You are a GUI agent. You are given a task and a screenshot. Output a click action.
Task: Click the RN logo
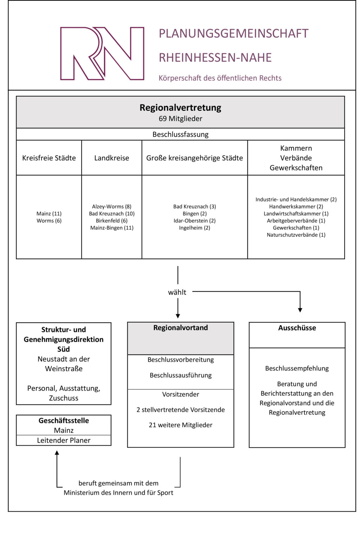pyautogui.click(x=102, y=54)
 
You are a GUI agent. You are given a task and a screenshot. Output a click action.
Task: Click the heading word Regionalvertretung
pyautogui.click(x=180, y=108)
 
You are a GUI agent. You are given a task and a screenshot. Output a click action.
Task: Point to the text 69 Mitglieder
pyautogui.click(x=180, y=119)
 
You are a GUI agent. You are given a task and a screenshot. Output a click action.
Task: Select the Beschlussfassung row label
pyautogui.click(x=180, y=134)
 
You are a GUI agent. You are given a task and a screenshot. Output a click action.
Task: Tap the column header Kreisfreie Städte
pyautogui.click(x=49, y=158)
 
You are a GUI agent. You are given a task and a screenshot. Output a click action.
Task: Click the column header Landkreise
pyautogui.click(x=112, y=158)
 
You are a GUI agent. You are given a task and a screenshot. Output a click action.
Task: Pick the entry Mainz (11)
pyautogui.click(x=49, y=213)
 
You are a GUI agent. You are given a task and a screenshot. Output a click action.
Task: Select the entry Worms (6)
pyautogui.click(x=49, y=221)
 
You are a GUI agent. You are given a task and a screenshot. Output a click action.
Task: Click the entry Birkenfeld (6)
pyautogui.click(x=112, y=221)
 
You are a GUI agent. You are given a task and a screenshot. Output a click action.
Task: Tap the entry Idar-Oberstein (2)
pyautogui.click(x=195, y=221)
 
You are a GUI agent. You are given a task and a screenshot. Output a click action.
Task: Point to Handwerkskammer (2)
pyautogui.click(x=296, y=207)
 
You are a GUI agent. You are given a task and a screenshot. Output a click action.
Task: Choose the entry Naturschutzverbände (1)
pyautogui.click(x=296, y=235)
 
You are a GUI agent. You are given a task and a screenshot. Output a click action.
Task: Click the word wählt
pyautogui.click(x=177, y=292)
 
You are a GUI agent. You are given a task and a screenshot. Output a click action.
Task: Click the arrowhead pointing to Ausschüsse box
pyautogui.click(x=300, y=310)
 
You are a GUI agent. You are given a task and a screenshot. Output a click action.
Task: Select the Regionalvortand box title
pyautogui.click(x=181, y=328)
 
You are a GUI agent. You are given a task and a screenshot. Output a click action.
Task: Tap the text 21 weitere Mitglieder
pyautogui.click(x=181, y=425)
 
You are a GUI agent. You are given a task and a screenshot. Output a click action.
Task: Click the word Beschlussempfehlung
pyautogui.click(x=297, y=368)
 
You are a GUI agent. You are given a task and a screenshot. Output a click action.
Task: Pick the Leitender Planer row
pyautogui.click(x=64, y=441)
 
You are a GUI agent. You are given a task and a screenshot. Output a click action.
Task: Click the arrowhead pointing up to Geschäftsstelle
pyautogui.click(x=57, y=453)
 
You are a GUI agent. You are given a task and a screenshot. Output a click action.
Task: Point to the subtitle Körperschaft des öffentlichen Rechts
pyautogui.click(x=220, y=78)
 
